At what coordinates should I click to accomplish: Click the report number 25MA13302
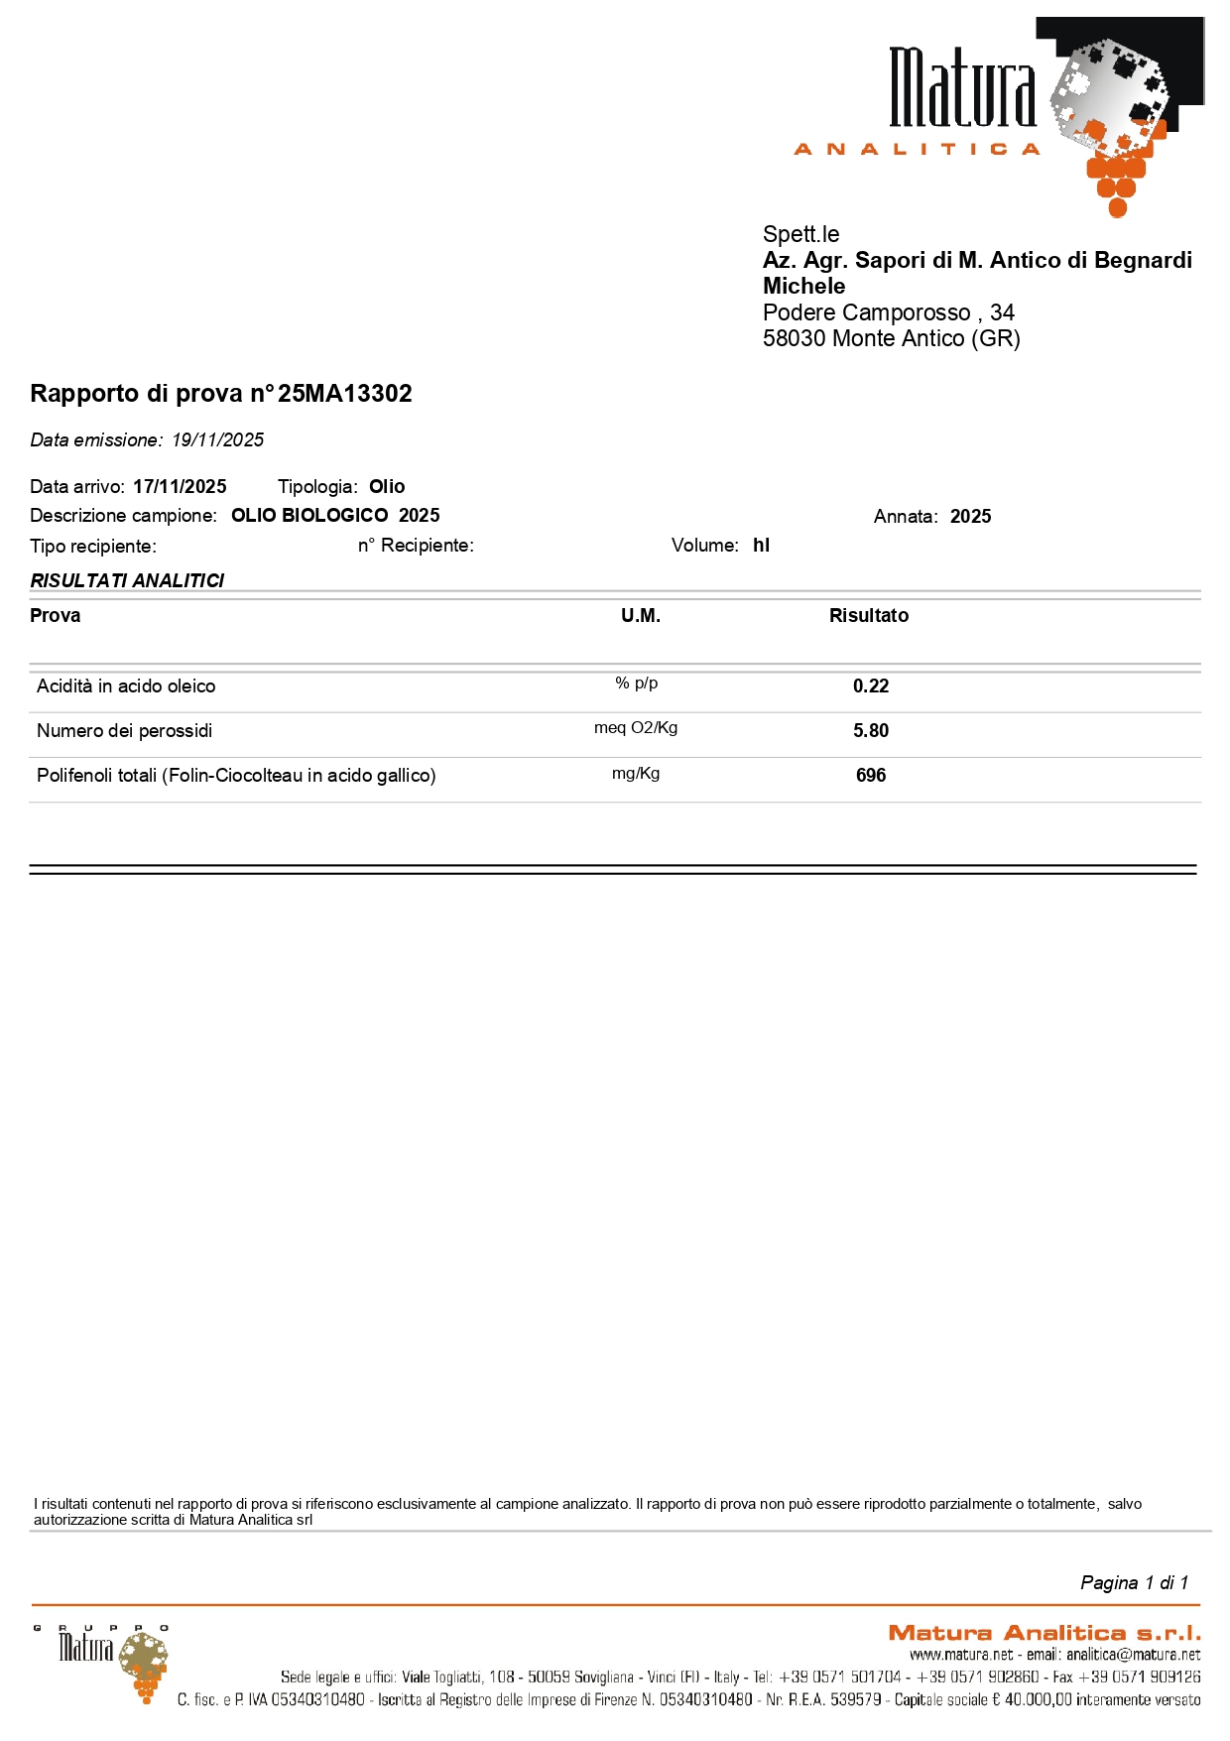click(344, 394)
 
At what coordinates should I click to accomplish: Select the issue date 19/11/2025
click(217, 440)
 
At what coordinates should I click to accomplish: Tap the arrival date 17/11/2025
click(180, 487)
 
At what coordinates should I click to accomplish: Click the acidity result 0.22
click(871, 686)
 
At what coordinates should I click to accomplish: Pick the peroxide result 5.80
click(871, 731)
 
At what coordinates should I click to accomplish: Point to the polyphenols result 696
click(871, 776)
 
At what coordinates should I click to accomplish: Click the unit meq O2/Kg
click(636, 728)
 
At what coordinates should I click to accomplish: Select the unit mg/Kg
click(636, 774)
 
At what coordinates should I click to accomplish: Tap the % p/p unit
click(636, 684)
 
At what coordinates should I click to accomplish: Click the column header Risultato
click(868, 616)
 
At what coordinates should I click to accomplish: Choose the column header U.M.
click(640, 616)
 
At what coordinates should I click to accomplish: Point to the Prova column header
click(56, 616)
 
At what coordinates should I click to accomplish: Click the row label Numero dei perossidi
click(125, 731)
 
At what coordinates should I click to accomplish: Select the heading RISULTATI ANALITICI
click(127, 581)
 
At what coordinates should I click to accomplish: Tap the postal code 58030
click(794, 339)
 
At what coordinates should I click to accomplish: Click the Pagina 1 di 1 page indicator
click(1134, 1583)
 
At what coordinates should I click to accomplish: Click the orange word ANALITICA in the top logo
click(917, 150)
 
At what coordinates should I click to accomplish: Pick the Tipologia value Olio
click(387, 487)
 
